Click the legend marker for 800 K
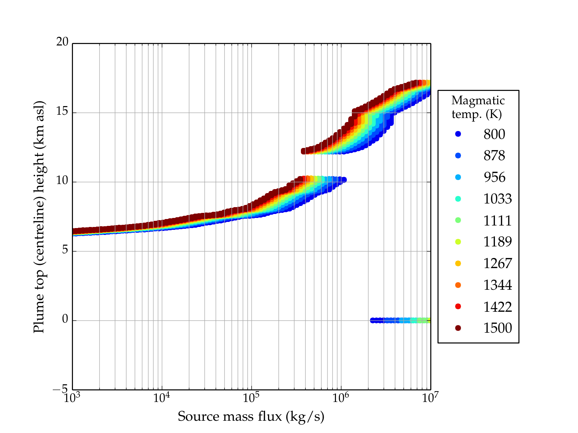click(x=458, y=134)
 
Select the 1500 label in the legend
click(x=497, y=328)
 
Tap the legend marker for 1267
click(x=458, y=263)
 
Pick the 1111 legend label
click(x=497, y=220)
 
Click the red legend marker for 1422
click(x=458, y=306)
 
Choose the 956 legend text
click(x=494, y=177)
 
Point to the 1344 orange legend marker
click(x=458, y=285)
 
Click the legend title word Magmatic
click(x=478, y=100)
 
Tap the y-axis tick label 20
click(x=62, y=42)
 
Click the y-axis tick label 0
click(x=65, y=319)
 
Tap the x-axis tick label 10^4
click(x=161, y=398)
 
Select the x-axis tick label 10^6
click(x=340, y=398)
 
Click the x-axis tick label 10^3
click(x=72, y=398)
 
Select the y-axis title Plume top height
click(x=39, y=216)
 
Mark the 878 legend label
click(x=494, y=156)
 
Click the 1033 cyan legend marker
click(x=458, y=199)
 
